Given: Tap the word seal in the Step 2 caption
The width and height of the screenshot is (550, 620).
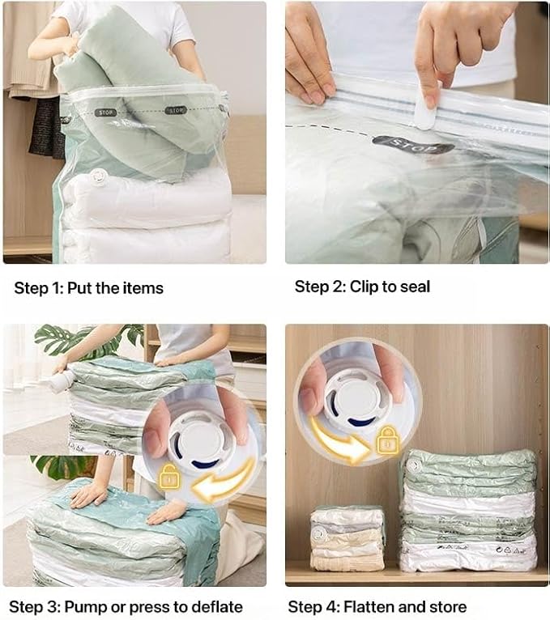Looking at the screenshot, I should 413,287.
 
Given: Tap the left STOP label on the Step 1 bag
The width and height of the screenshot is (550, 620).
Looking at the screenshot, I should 105,112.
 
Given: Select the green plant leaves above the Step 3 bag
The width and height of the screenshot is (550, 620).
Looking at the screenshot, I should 77,340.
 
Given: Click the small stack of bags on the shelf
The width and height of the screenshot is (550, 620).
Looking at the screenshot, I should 347,538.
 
